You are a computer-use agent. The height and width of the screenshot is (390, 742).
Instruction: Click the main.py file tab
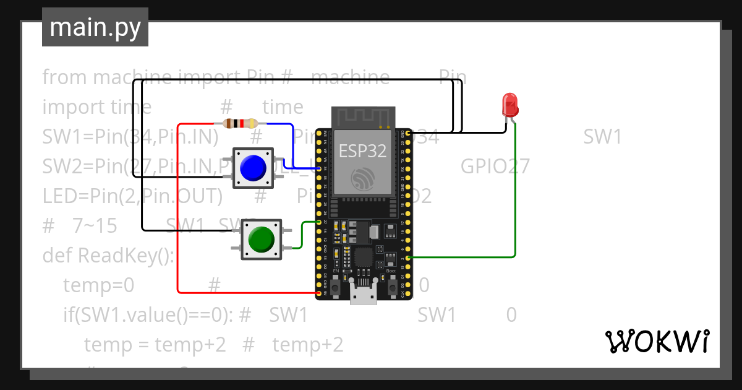point(95,27)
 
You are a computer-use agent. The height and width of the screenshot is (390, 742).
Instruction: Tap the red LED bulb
point(510,104)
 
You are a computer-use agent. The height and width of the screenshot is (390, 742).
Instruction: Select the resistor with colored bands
point(240,124)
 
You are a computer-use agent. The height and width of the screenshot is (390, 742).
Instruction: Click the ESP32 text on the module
point(362,150)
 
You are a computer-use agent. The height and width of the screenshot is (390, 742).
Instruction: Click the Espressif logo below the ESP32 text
point(362,180)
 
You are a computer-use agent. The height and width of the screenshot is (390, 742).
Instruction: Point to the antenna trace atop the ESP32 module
point(363,116)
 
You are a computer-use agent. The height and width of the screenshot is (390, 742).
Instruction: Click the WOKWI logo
point(657,341)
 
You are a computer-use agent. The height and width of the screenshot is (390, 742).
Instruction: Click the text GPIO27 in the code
point(495,167)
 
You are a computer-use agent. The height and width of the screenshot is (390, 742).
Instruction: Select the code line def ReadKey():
point(108,255)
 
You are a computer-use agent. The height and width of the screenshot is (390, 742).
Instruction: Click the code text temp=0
point(98,285)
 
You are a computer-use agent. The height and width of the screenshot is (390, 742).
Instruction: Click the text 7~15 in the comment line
point(95,226)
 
